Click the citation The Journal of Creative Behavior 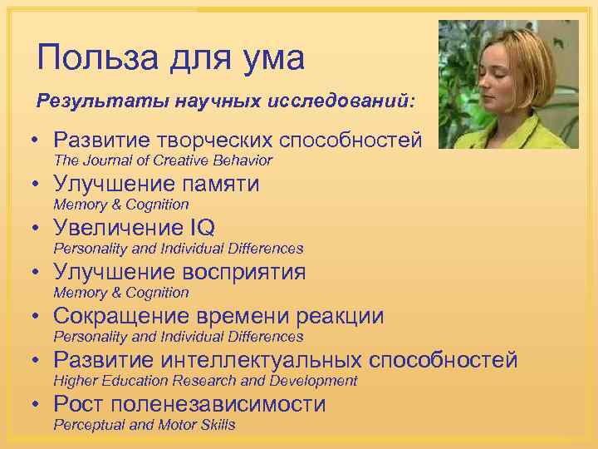(x=163, y=160)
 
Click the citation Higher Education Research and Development (x=205, y=381)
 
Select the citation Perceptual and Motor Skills (x=145, y=425)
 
